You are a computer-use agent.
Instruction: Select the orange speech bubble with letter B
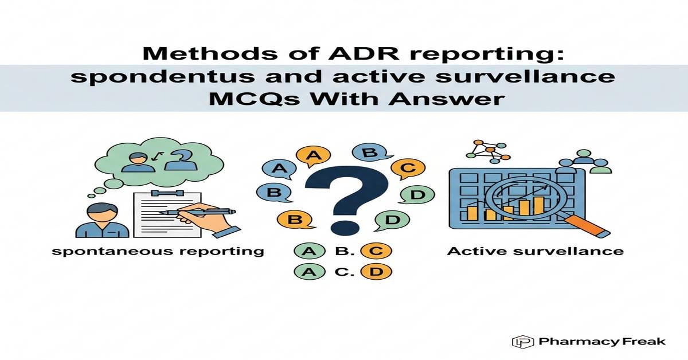293,220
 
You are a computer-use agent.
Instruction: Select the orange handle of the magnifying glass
591,226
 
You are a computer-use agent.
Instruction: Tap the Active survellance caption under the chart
534,251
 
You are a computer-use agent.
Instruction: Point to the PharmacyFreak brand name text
602,342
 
